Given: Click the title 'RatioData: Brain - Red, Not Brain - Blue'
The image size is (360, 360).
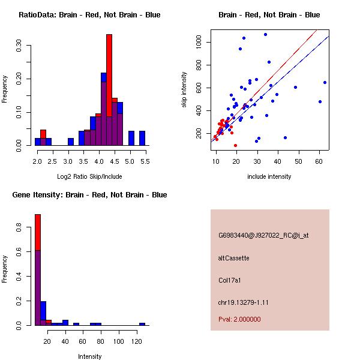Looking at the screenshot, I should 89,15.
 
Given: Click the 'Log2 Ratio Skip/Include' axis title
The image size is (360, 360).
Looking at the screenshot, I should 89,176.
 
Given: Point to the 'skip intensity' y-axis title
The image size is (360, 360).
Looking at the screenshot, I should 185,90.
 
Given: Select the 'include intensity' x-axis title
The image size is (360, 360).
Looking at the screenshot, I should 269,176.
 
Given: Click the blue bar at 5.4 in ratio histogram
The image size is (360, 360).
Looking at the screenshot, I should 142,138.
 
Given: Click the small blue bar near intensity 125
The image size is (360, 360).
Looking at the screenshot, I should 142,324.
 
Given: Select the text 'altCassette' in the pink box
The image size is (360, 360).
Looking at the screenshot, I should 233,258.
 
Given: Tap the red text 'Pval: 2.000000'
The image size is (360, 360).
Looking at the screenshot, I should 239,319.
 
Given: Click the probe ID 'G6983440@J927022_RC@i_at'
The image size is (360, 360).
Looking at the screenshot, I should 263,236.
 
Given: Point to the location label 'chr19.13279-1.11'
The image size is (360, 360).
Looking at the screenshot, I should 243,302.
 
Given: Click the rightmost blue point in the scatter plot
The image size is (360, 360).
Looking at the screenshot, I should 325,82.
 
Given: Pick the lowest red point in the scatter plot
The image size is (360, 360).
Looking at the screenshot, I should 235,145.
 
